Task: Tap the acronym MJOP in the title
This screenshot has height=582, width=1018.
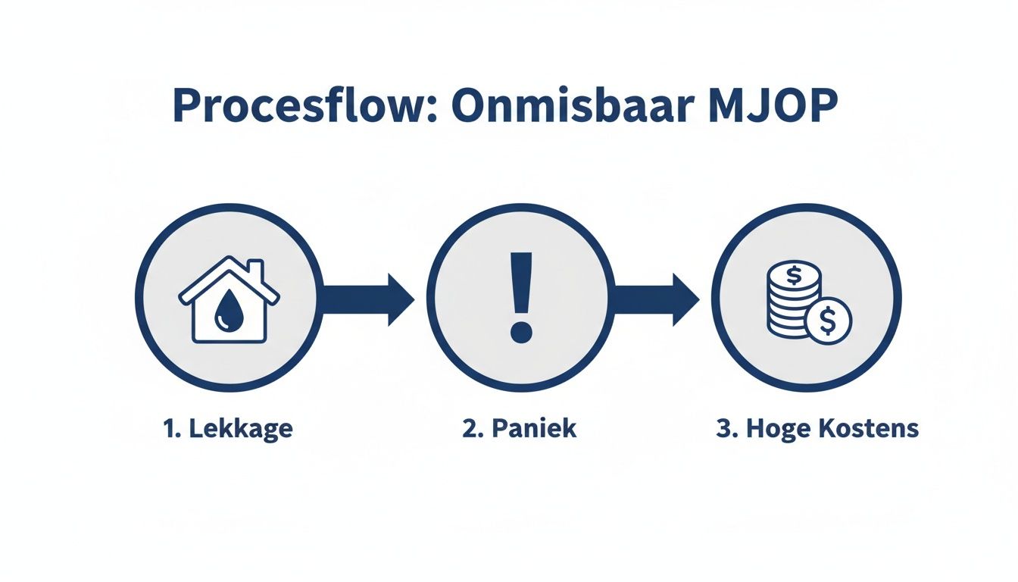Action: (x=772, y=107)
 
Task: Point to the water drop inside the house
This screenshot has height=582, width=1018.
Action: (x=225, y=312)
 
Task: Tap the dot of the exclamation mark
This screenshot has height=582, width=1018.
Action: (x=520, y=330)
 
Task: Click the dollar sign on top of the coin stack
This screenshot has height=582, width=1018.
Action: (x=794, y=274)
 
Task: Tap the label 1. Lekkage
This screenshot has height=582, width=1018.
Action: (x=227, y=429)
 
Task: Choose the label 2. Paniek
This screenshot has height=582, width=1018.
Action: (x=519, y=429)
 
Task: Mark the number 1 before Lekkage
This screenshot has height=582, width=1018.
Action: (x=167, y=429)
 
